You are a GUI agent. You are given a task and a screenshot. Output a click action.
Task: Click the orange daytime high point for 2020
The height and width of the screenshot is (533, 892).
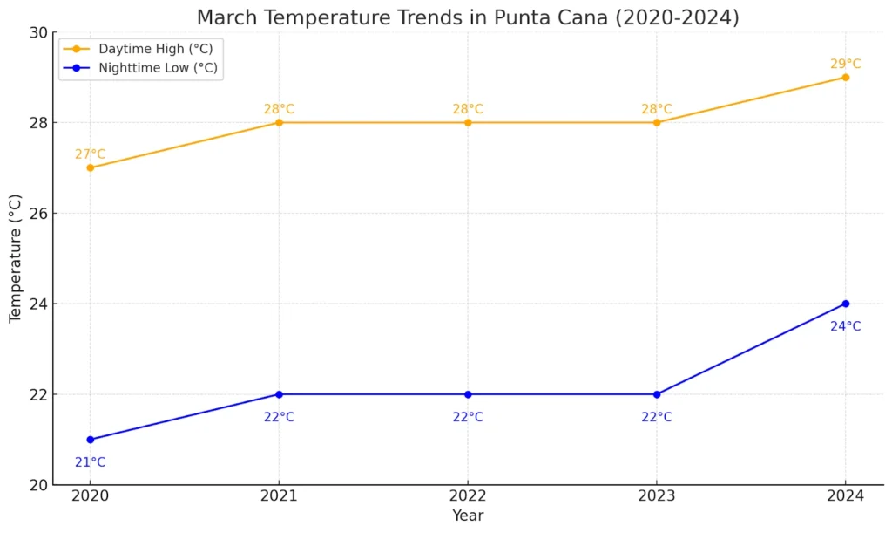pyautogui.click(x=90, y=167)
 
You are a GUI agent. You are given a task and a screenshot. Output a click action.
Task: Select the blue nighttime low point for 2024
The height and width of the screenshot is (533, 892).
pyautogui.click(x=845, y=304)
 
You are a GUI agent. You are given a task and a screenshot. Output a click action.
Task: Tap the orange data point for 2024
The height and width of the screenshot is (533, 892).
pyautogui.click(x=845, y=77)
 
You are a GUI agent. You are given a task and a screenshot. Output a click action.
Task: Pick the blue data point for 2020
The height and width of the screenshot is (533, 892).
pyautogui.click(x=90, y=440)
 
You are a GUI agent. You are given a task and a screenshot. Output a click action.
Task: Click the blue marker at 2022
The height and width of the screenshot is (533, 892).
pyautogui.click(x=468, y=394)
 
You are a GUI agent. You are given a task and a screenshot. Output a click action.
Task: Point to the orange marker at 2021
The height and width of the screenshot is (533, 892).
pyautogui.click(x=279, y=122)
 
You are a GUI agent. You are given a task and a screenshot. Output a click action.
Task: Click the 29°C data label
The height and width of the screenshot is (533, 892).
pyautogui.click(x=845, y=64)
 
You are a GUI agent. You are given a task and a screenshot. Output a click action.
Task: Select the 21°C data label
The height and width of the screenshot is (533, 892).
pyautogui.click(x=90, y=462)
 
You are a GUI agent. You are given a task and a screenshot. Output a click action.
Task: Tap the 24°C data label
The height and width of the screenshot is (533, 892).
pyautogui.click(x=845, y=326)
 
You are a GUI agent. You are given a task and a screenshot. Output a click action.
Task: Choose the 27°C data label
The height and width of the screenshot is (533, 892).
pyautogui.click(x=90, y=154)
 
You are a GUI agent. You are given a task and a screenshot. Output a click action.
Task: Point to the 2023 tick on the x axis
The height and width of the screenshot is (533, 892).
pyautogui.click(x=656, y=495)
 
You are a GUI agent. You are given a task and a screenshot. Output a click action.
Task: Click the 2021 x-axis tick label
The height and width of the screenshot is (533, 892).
pyautogui.click(x=279, y=495)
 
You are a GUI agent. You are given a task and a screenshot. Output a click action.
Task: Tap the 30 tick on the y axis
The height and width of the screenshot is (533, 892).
pyautogui.click(x=38, y=32)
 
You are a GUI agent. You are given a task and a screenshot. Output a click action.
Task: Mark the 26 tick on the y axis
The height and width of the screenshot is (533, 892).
pyautogui.click(x=38, y=213)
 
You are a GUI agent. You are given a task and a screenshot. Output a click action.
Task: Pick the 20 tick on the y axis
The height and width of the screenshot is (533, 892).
pyautogui.click(x=38, y=485)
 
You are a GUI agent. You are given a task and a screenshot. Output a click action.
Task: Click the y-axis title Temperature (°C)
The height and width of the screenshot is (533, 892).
pyautogui.click(x=15, y=258)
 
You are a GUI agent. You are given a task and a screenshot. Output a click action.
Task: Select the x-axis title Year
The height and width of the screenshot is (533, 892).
pyautogui.click(x=468, y=516)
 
